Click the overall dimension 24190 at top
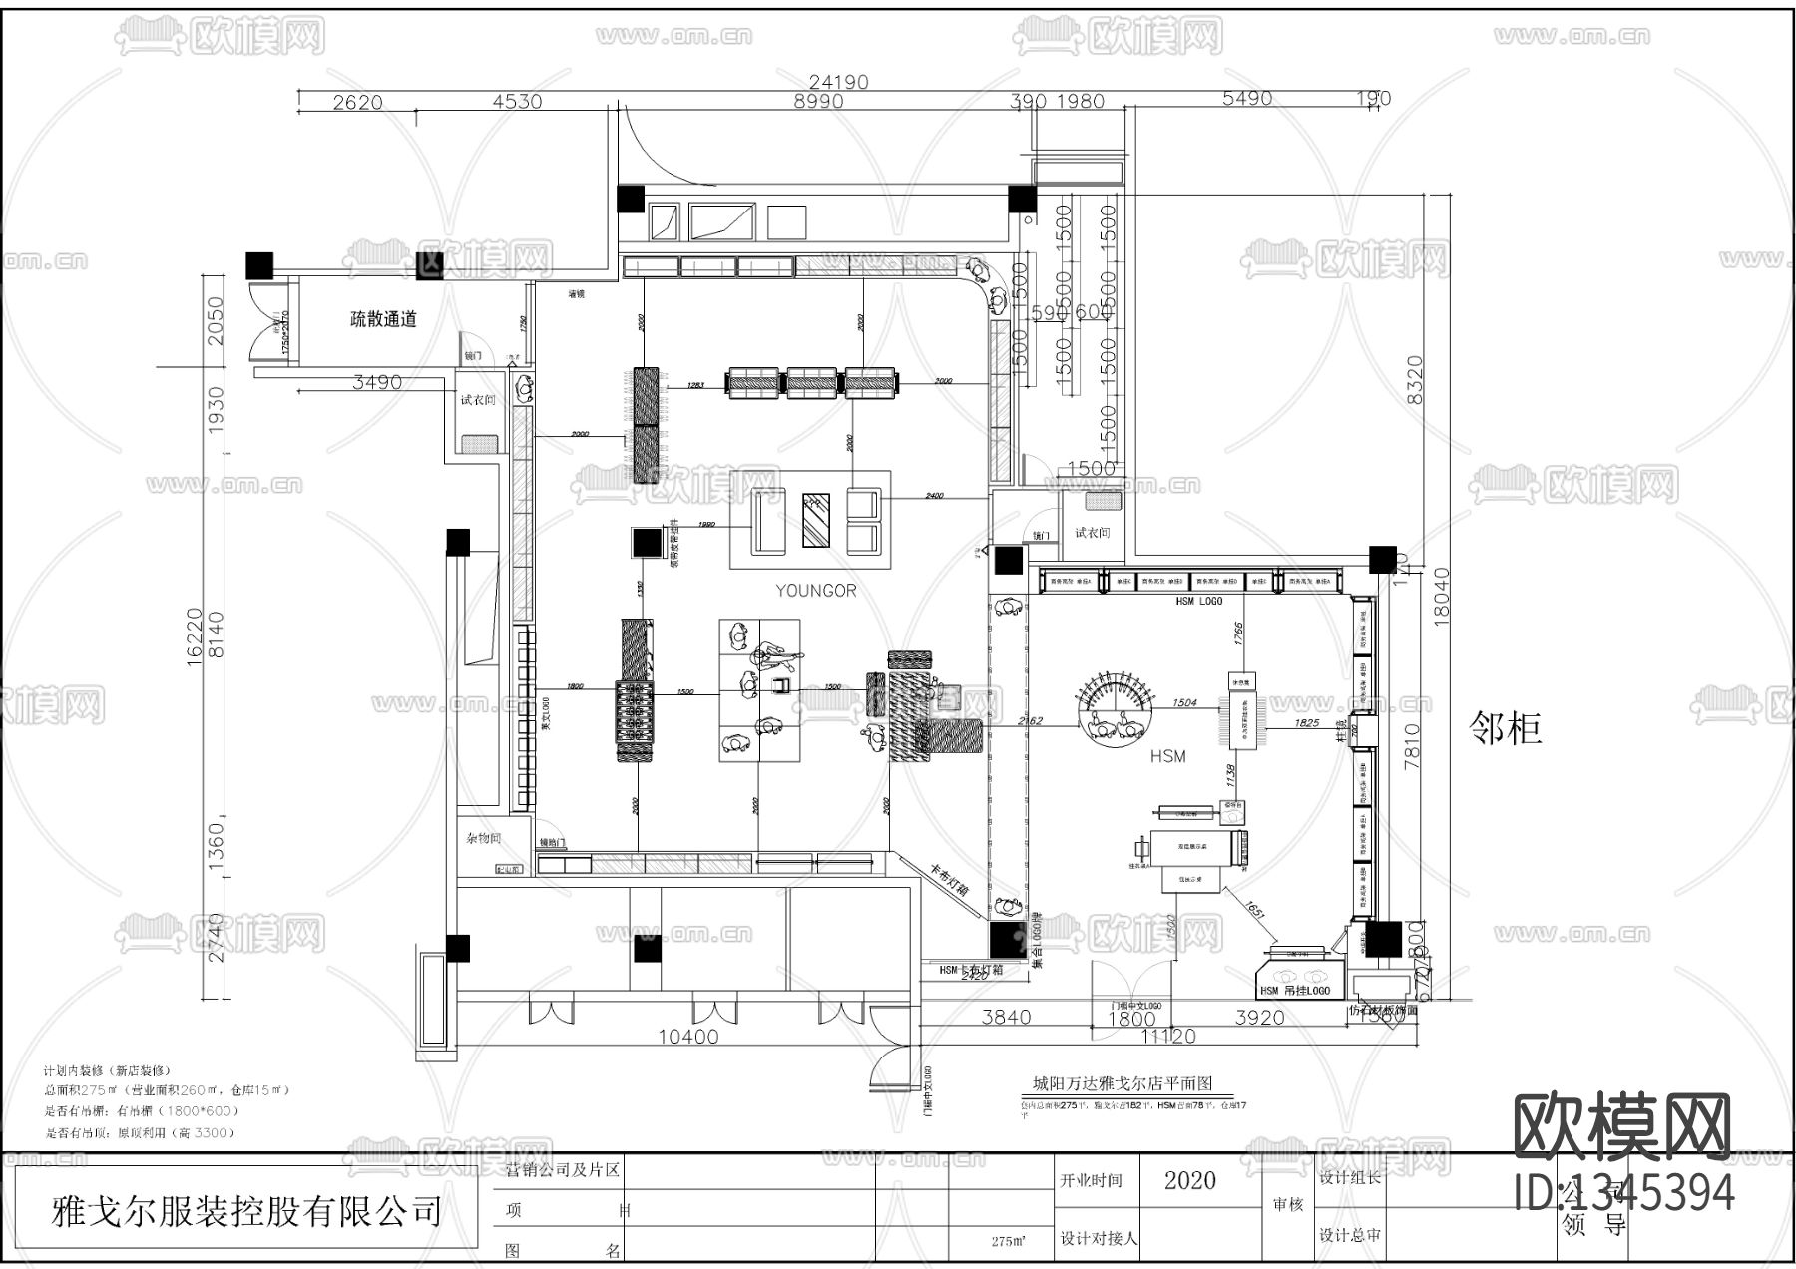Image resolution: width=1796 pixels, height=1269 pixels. (838, 82)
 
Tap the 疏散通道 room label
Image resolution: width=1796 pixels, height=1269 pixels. (383, 319)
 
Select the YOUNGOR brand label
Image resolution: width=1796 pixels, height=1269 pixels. (816, 591)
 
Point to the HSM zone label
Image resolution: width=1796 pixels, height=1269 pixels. (1167, 756)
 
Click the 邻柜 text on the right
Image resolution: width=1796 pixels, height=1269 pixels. (1506, 729)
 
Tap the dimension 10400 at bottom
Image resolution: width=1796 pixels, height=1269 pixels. (688, 1037)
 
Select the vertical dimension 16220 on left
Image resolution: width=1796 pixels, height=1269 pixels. (195, 634)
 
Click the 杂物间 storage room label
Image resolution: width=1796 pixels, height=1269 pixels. (482, 839)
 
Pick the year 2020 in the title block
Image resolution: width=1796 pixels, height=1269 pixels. (1189, 1181)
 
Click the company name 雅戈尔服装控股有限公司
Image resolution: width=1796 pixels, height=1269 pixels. (246, 1212)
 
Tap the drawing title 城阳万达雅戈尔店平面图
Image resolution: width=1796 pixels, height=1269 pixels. (1121, 1084)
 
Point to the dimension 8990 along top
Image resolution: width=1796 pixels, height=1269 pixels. (817, 101)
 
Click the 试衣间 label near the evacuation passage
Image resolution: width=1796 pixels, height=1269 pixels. (477, 400)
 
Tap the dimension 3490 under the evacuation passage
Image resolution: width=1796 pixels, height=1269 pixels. (377, 382)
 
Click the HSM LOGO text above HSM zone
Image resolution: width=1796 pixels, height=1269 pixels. (1198, 602)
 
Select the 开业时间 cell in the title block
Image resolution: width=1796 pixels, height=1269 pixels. (1091, 1181)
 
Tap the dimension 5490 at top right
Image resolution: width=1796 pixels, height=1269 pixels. (1247, 99)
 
